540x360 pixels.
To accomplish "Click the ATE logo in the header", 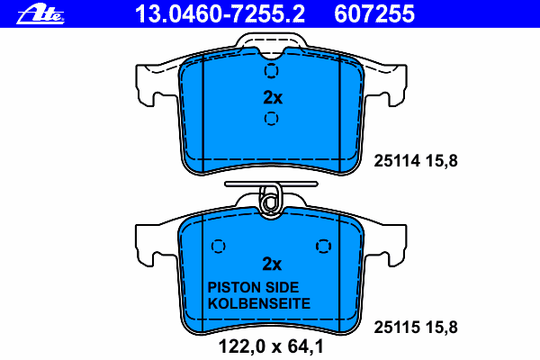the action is (x=40, y=14).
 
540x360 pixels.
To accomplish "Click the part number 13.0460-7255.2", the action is (x=220, y=13).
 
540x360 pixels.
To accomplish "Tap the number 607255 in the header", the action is (x=374, y=13).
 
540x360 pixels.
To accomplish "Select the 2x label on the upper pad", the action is (x=273, y=98).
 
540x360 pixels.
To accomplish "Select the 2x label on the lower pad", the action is (x=272, y=264).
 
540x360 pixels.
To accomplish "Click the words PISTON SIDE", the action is (x=253, y=287).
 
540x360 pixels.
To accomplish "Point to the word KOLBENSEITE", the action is (x=259, y=303).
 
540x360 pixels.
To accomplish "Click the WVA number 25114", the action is (x=397, y=161).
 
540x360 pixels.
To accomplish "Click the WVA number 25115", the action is (x=397, y=328).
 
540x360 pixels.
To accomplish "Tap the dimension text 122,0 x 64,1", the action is (x=272, y=346).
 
